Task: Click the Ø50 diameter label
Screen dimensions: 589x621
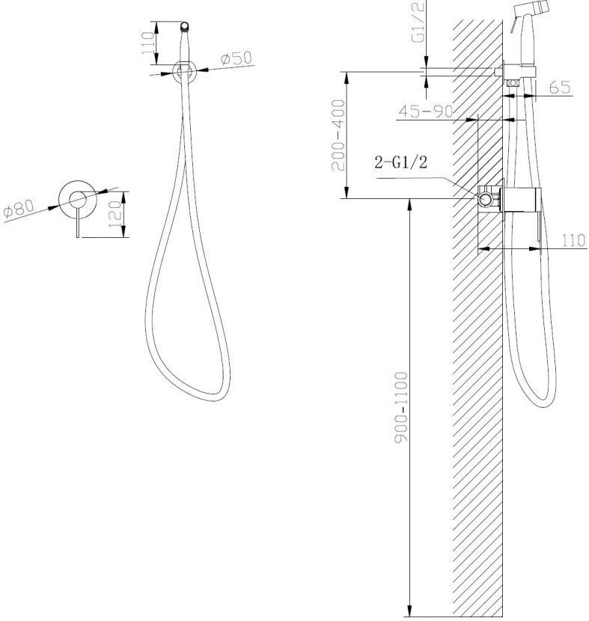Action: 236,58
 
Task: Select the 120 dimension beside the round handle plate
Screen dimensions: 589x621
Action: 115,214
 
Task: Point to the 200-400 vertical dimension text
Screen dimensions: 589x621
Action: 339,135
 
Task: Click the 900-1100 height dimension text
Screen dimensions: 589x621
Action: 401,407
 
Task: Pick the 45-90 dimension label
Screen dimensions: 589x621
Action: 425,111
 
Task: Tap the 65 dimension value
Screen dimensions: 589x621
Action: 560,87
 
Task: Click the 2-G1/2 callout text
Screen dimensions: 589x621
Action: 401,162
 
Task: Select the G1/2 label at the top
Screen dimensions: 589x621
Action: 418,21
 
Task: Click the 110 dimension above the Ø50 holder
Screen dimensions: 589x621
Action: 147,43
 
